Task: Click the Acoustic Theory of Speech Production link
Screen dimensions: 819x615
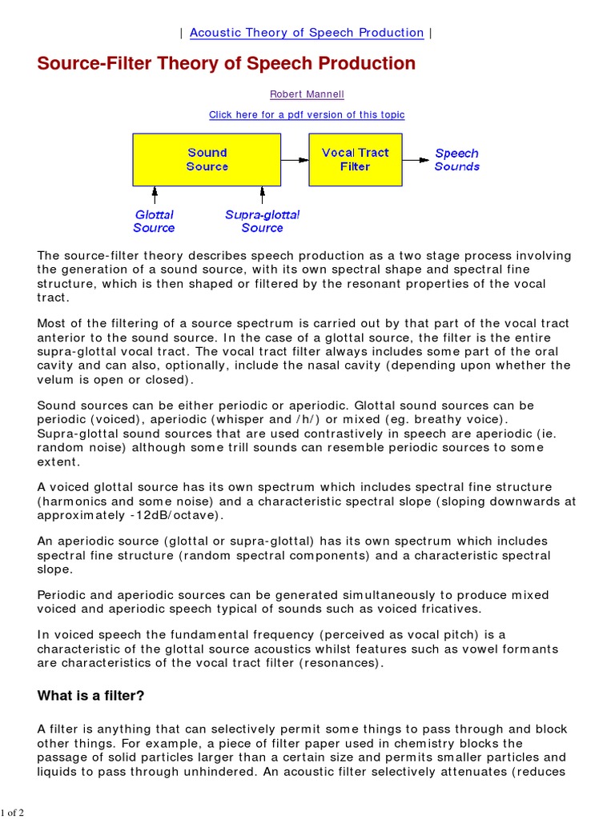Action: pos(307,33)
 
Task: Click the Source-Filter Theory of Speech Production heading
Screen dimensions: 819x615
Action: pos(227,64)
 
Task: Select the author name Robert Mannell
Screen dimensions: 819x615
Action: pos(307,94)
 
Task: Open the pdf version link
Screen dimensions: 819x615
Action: pos(307,115)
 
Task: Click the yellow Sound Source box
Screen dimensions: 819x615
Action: pos(207,159)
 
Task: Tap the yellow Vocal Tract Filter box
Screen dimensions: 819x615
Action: pos(355,159)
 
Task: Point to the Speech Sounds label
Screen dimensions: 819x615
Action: pos(456,160)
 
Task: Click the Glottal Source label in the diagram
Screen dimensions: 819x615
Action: pos(154,222)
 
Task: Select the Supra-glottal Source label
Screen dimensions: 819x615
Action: pos(262,222)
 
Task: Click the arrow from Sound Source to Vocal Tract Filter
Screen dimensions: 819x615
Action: pos(295,159)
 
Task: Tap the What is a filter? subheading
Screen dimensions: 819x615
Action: pos(90,696)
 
